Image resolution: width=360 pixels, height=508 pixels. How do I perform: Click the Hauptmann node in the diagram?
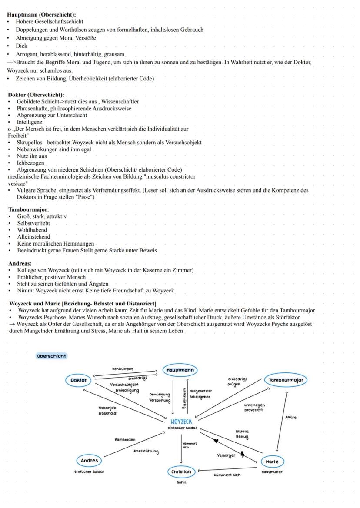180,370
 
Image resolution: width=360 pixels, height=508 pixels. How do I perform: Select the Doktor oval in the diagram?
79,380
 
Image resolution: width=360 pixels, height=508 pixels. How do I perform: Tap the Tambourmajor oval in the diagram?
286,380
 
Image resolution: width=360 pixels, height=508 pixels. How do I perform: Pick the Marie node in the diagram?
273,461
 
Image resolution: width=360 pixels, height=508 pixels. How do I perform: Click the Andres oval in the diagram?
90,460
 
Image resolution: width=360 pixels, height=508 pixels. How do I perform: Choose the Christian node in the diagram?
181,471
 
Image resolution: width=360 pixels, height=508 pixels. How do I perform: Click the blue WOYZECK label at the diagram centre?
181,421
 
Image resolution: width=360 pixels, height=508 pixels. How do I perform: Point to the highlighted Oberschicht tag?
52,356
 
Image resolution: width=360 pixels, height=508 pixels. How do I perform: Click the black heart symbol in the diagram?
216,441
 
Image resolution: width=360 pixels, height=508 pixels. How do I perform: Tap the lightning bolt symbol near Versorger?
242,455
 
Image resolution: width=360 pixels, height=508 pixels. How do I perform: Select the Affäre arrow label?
291,417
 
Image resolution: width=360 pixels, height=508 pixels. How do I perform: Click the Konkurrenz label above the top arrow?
123,369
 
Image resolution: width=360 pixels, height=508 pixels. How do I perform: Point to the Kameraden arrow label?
125,439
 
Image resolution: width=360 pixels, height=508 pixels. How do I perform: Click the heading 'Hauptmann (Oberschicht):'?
41,15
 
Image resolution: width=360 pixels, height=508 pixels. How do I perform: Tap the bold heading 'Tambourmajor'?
28,209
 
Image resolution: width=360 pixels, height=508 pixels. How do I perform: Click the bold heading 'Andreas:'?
20,263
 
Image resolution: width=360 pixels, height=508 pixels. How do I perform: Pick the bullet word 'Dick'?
21,46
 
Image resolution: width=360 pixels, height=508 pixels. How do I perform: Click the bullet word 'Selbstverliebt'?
33,223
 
